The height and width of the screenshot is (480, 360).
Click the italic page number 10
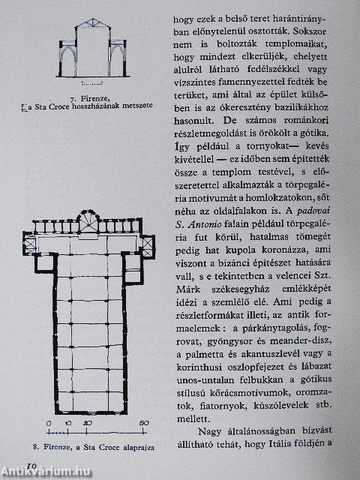point(31,466)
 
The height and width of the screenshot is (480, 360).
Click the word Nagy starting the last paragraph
point(214,430)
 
